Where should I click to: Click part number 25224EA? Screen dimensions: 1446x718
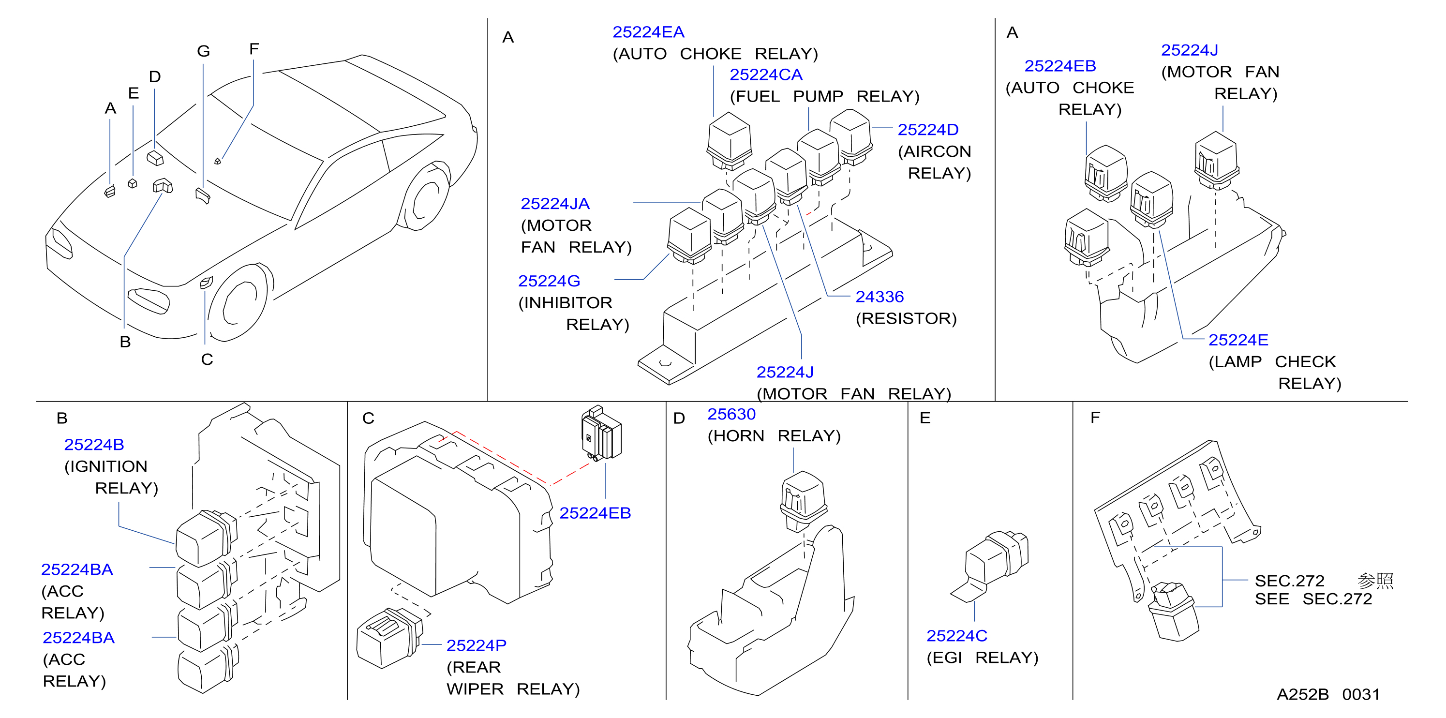(x=648, y=32)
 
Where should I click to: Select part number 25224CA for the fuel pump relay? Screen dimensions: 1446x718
(x=766, y=75)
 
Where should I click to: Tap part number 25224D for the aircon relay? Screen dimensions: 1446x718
(x=928, y=130)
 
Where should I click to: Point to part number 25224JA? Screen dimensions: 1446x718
(x=554, y=204)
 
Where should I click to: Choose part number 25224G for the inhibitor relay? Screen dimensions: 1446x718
(x=549, y=281)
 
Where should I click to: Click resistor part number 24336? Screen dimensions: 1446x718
(x=879, y=297)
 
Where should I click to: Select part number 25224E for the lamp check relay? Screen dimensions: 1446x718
(x=1238, y=340)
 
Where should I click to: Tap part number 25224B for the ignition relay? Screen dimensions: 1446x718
(x=94, y=445)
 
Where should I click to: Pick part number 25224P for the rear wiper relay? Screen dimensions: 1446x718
(x=476, y=645)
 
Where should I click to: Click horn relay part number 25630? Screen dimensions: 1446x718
(x=731, y=414)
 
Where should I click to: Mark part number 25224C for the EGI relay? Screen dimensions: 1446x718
(x=956, y=636)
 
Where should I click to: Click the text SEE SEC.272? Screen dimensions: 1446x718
(x=1313, y=599)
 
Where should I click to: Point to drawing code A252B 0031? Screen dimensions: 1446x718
(x=1328, y=694)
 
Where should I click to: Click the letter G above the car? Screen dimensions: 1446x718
(x=203, y=51)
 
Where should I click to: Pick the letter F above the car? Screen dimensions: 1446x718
(x=253, y=49)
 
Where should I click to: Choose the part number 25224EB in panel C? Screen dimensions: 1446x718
(x=595, y=513)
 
